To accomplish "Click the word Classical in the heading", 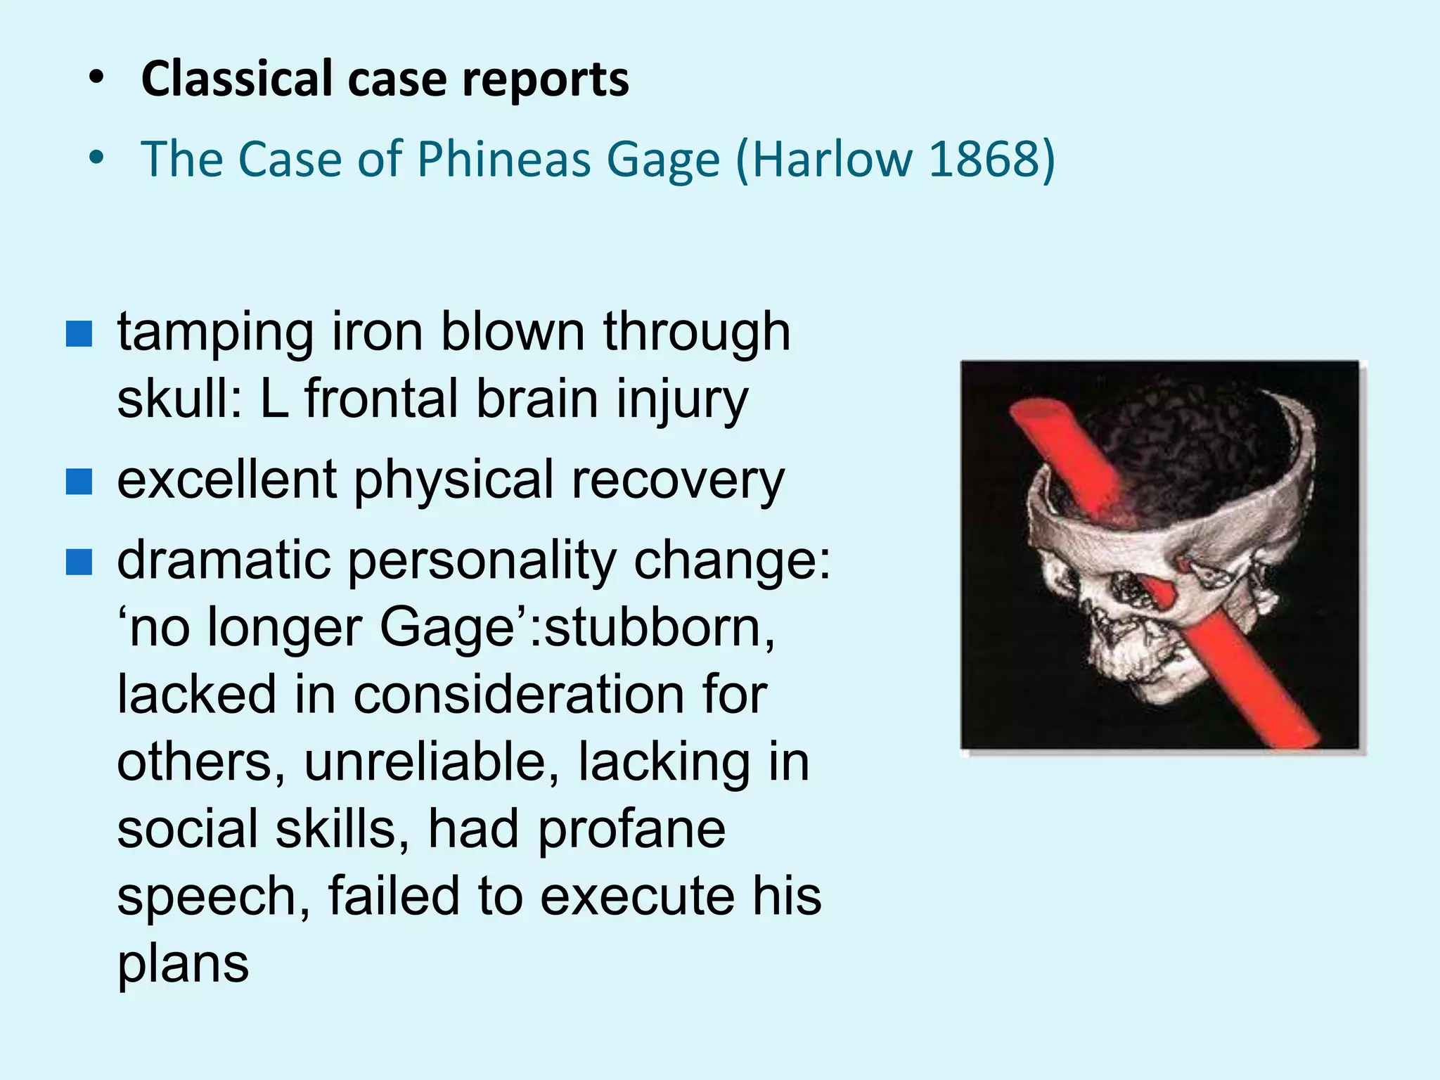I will click(x=236, y=79).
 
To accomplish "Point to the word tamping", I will click(x=215, y=333).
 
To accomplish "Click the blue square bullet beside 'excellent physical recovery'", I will click(x=79, y=482).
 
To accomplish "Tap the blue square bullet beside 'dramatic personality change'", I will click(x=79, y=562).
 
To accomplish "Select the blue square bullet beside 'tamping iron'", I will click(x=79, y=334).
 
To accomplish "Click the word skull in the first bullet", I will click(x=178, y=399).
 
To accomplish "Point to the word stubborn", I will click(x=658, y=627).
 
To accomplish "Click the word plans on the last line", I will click(x=183, y=965).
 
